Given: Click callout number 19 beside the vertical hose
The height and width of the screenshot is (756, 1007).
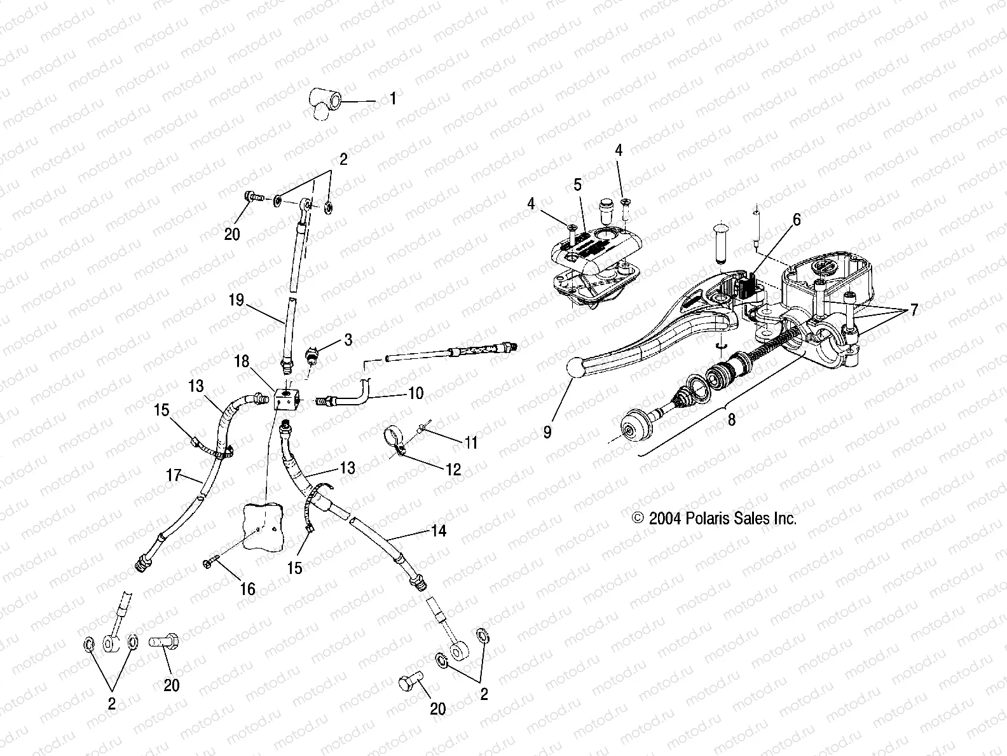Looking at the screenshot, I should pyautogui.click(x=236, y=300).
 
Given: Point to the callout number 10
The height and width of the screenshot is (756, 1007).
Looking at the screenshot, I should pyautogui.click(x=415, y=394).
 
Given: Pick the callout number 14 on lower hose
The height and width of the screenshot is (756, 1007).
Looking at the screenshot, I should pyautogui.click(x=438, y=530).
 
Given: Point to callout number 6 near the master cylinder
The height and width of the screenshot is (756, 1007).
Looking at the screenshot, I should pyautogui.click(x=797, y=220).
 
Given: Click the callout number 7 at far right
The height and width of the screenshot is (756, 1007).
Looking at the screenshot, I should pyautogui.click(x=914, y=311).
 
